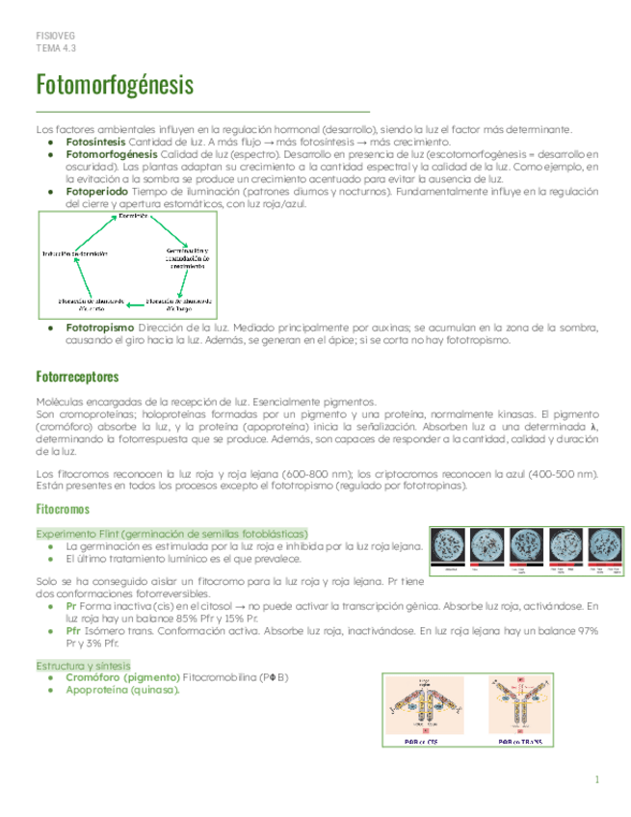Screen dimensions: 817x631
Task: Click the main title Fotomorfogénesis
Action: [114, 85]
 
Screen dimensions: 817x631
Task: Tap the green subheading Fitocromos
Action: [62, 510]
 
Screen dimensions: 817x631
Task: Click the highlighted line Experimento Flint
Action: [171, 533]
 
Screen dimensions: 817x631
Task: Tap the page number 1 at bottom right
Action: [597, 779]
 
